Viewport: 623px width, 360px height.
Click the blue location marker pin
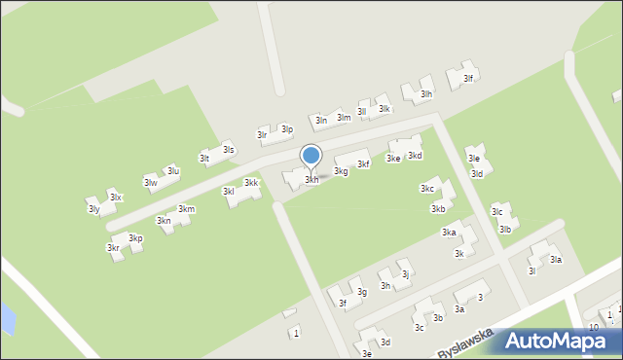[311, 156]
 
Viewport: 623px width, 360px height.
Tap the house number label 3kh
[311, 180]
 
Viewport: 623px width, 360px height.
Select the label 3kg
[341, 171]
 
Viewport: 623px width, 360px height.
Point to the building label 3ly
[93, 209]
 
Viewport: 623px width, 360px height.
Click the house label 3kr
[113, 248]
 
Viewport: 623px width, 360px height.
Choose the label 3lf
[468, 79]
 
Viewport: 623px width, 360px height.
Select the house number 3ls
[228, 149]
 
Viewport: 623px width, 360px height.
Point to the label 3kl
[228, 192]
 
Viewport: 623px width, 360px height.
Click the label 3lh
[425, 94]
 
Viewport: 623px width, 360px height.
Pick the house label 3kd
[415, 156]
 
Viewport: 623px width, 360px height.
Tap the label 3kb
[438, 208]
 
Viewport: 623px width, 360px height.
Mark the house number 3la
[556, 260]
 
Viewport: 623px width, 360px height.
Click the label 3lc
[496, 211]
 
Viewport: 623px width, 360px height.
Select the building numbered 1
[296, 334]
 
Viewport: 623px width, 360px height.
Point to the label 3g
[361, 292]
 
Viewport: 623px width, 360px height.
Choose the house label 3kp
[135, 238]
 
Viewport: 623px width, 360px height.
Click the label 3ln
[321, 120]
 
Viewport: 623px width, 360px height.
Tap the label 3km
[186, 209]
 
